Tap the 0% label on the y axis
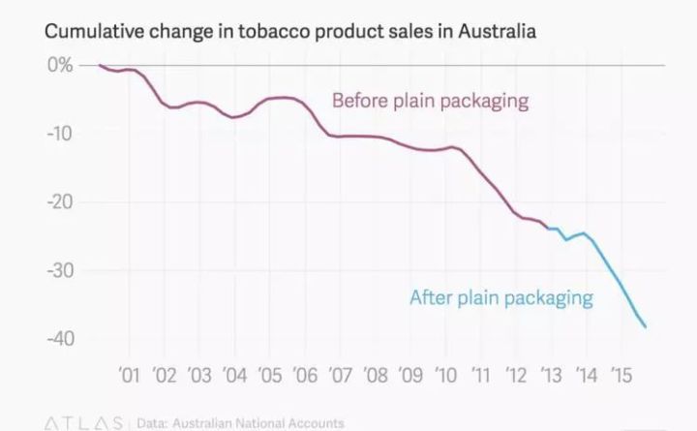60,66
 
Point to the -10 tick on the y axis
57,134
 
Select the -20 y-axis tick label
57,201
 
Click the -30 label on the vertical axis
57,270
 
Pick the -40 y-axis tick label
57,338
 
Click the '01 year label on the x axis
129,375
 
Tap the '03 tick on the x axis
199,375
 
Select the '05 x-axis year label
270,375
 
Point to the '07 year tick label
340,375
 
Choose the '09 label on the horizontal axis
410,375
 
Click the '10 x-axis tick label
446,375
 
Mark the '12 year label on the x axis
516,375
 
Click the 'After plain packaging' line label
500,297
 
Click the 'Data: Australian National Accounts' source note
240,423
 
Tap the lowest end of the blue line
646,327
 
